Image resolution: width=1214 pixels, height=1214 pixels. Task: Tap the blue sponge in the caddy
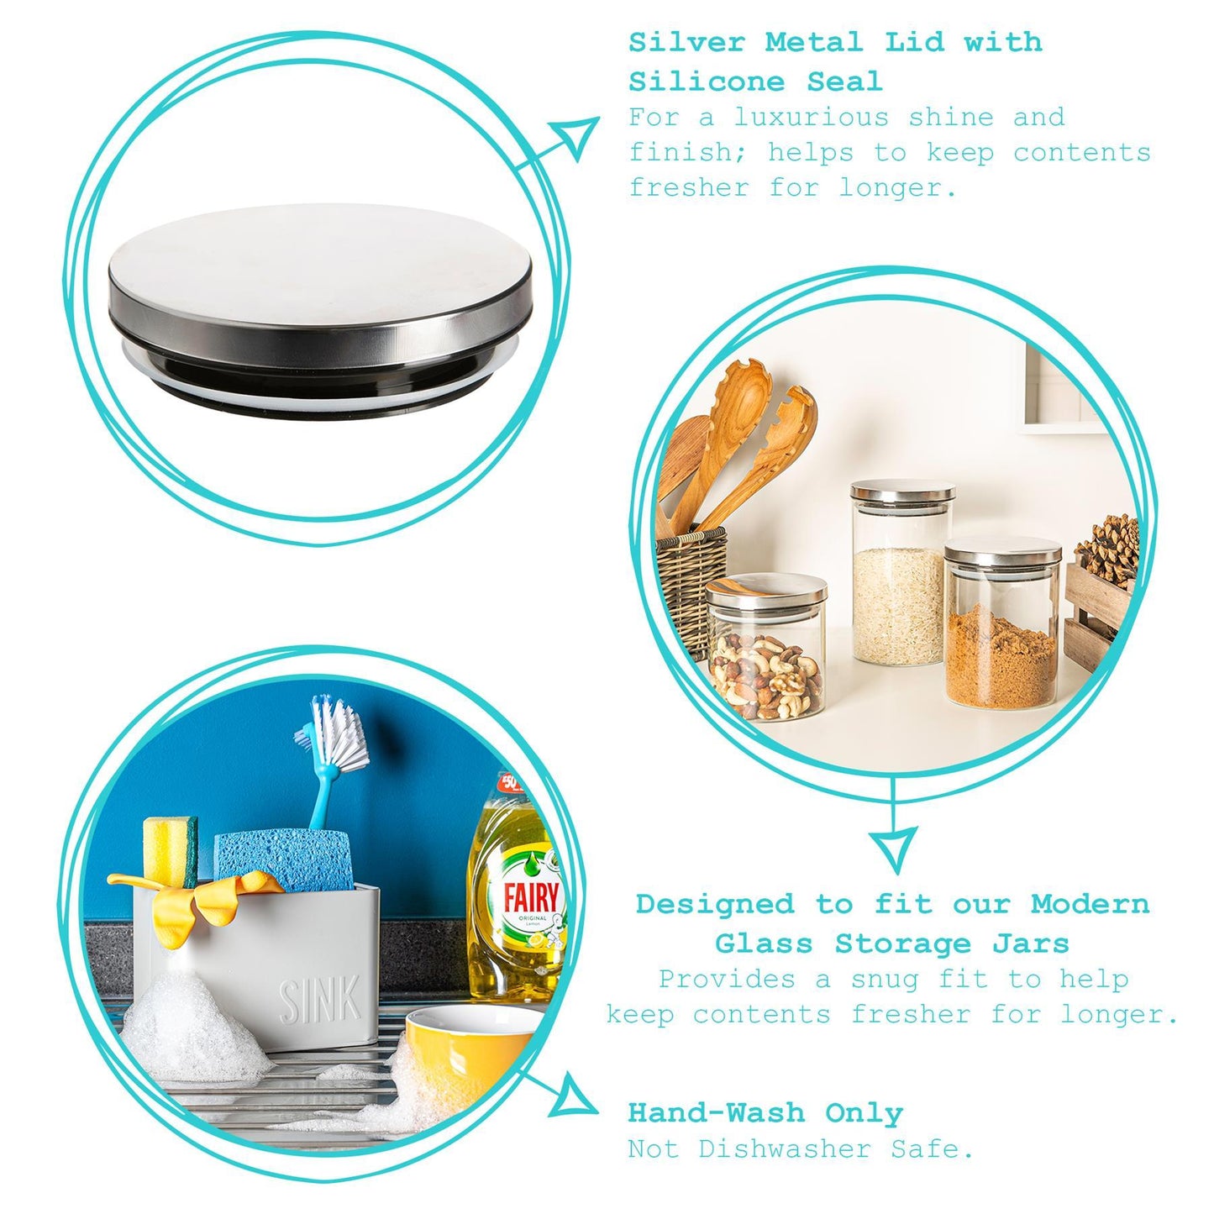283,862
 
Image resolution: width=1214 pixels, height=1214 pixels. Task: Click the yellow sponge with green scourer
171,850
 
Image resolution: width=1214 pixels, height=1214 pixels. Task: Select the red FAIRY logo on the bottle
531,897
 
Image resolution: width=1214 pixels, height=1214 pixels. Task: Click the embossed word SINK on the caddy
320,1000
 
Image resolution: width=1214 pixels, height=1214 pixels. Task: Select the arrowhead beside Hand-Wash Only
574,1097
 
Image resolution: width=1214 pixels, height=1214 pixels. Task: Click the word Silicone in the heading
706,81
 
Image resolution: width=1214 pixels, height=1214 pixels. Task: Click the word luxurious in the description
811,117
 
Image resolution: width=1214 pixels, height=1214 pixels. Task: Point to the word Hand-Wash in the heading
716,1112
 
